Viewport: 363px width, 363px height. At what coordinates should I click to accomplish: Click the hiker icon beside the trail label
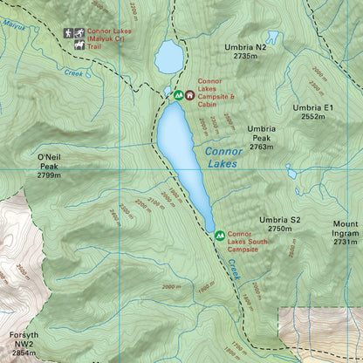click(x=69, y=32)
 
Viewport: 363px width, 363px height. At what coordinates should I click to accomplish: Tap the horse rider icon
click(x=80, y=32)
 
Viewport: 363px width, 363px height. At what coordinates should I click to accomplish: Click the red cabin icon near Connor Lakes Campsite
click(x=189, y=94)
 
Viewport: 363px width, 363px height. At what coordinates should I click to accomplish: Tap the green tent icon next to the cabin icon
click(x=178, y=94)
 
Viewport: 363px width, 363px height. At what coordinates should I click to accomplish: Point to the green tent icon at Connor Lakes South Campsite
click(x=219, y=235)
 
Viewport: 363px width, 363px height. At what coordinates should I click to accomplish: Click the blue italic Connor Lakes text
click(x=222, y=157)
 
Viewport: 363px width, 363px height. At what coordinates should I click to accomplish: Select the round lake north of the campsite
click(x=169, y=58)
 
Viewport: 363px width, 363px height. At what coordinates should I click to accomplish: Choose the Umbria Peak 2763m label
click(x=262, y=138)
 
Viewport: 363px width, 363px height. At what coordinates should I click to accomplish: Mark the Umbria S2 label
click(x=279, y=224)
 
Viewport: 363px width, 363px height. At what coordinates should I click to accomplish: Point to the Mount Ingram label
click(x=345, y=228)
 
